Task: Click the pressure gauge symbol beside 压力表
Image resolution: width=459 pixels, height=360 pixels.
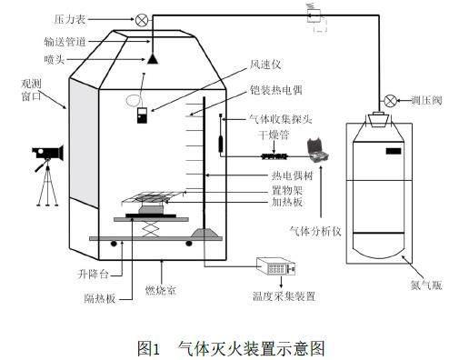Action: pos(142,20)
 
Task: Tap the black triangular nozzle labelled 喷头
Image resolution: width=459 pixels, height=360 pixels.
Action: pos(153,58)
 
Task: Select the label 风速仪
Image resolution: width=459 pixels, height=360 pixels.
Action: pos(265,65)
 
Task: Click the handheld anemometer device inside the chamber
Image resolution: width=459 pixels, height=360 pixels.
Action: pos(142,115)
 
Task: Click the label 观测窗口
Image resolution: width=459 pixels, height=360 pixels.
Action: pos(31,90)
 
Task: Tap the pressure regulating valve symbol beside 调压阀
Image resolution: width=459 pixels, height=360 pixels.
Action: pos(390,101)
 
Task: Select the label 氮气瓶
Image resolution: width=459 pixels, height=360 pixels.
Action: pos(426,285)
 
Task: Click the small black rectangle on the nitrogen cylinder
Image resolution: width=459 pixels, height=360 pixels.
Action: pos(394,151)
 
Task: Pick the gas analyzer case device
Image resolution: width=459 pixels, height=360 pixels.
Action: pos(317,149)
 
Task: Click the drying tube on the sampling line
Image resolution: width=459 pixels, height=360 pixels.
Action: pos(274,156)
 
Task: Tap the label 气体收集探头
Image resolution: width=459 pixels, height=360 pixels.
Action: pos(280,119)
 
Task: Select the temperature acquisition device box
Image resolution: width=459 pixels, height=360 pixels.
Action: pos(275,266)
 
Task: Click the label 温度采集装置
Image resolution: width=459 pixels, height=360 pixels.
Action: pos(284,296)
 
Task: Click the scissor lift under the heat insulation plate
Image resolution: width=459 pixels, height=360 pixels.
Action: pos(151,228)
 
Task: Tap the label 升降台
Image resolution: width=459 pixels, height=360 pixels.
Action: pos(93,275)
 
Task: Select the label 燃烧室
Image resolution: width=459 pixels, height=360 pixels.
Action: pos(161,291)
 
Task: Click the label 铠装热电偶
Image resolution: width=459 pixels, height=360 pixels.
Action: pos(276,90)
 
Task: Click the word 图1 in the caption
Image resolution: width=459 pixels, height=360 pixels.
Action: pos(148,348)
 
